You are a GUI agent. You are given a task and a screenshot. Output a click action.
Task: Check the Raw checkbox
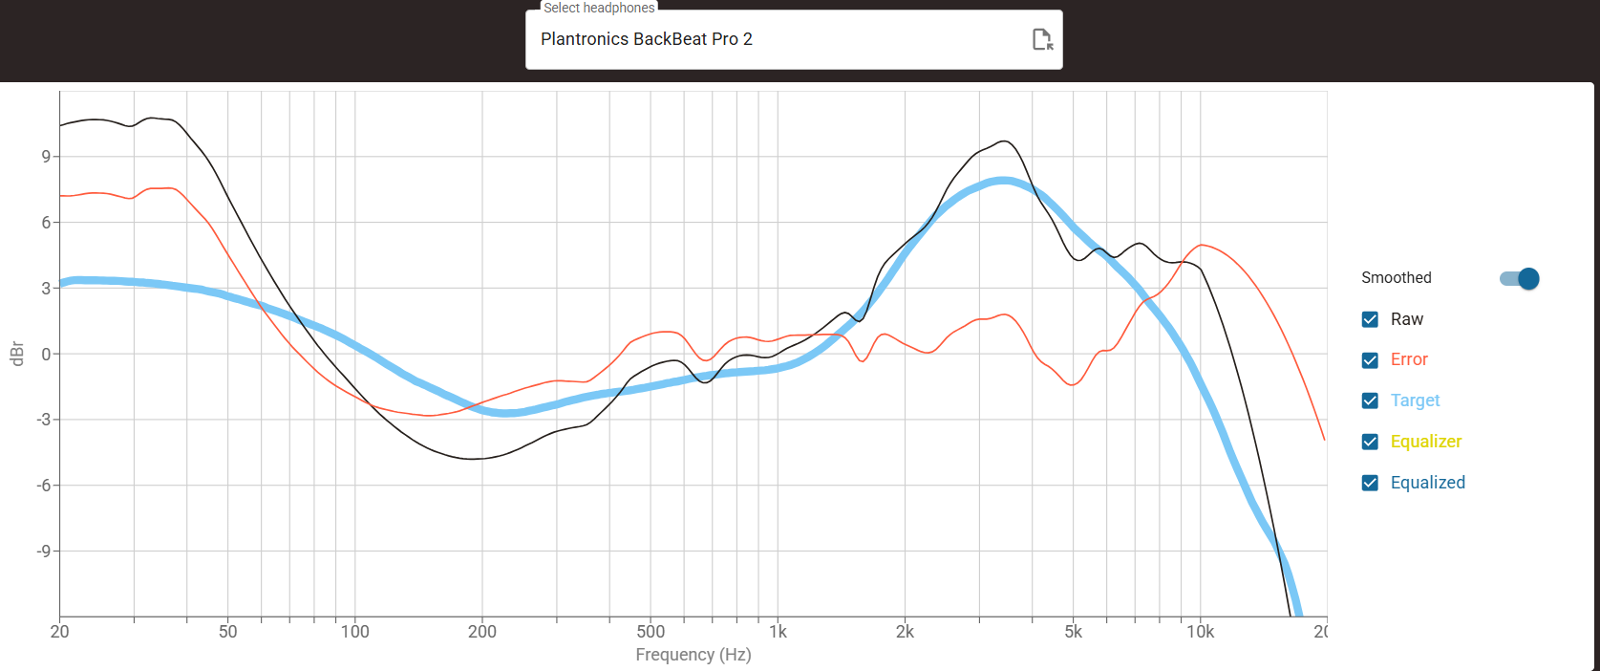pos(1369,319)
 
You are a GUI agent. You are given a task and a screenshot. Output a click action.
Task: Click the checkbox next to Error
pos(1369,360)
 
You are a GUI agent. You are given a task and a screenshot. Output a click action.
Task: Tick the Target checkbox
pos(1369,400)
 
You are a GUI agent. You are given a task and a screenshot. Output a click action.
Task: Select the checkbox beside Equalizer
pos(1369,442)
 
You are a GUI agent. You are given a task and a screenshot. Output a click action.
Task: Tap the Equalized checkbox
pos(1369,483)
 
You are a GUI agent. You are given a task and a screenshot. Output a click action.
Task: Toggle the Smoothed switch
pos(1520,279)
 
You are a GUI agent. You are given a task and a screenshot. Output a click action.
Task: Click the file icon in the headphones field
pos(1042,39)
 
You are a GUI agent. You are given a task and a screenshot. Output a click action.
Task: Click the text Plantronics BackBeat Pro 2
pos(647,39)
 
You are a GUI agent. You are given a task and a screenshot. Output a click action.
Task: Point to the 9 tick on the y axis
pos(46,157)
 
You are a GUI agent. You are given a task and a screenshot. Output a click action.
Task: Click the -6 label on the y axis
pos(44,486)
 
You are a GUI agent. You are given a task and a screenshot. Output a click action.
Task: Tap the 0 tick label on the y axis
pos(46,354)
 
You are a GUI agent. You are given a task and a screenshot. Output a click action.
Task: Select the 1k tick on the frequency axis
pos(778,632)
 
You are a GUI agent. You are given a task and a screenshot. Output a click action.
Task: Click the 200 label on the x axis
pos(482,632)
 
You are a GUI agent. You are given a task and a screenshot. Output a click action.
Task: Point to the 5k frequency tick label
pos(1073,632)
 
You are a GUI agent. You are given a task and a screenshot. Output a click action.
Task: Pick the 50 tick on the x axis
pos(228,632)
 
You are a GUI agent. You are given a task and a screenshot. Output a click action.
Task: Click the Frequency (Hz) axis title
pos(693,655)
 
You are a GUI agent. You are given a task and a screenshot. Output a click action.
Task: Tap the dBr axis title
pos(17,354)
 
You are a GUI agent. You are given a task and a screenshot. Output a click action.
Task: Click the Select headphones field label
pos(599,8)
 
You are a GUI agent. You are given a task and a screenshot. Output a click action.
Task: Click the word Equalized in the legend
pos(1427,483)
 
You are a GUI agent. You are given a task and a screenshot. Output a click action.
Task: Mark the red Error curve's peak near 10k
pos(1202,245)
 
